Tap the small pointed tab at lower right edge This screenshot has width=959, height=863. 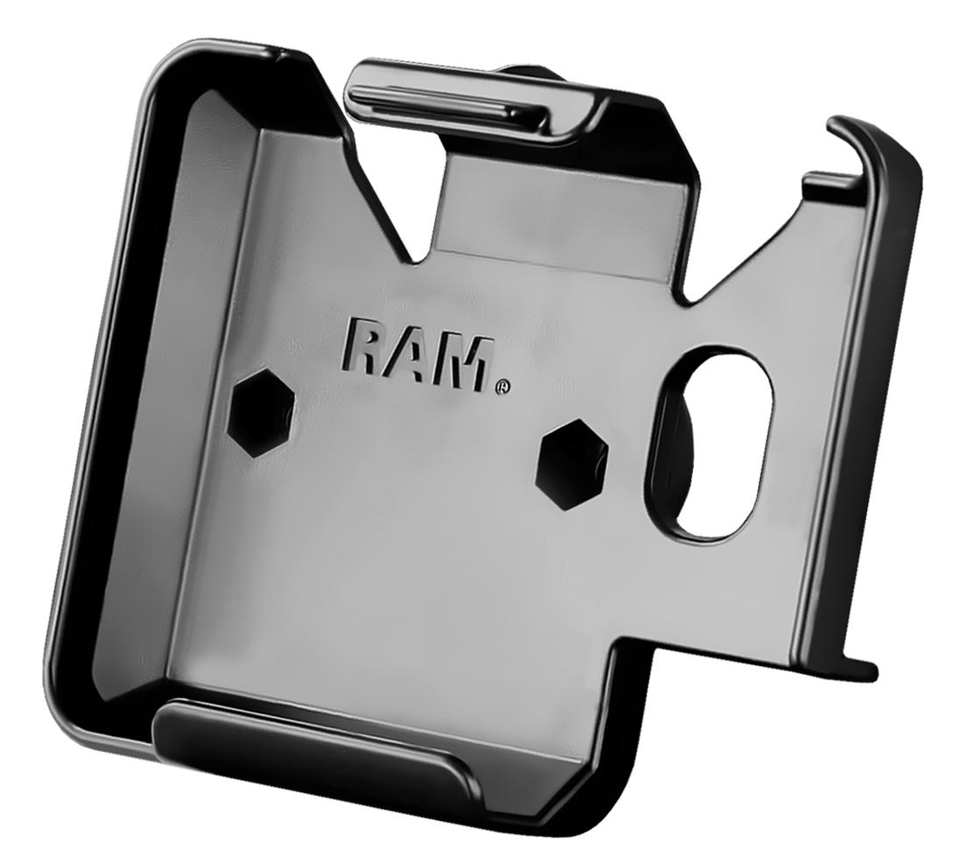863,670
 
